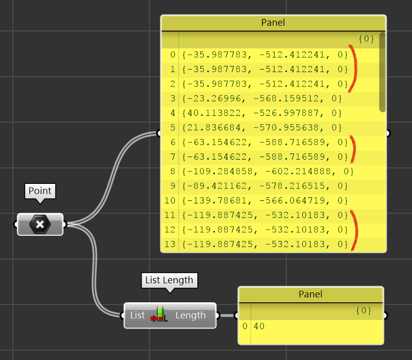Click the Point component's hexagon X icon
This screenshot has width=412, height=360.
click(x=40, y=224)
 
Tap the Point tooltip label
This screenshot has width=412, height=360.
click(x=40, y=191)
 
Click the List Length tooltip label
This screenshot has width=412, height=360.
click(x=169, y=280)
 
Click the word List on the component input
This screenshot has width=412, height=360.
click(x=138, y=315)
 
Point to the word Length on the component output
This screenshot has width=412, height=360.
click(x=191, y=315)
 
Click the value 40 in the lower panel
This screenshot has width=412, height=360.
click(x=259, y=326)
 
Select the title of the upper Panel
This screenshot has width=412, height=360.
click(x=273, y=23)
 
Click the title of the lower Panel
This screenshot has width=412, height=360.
click(x=310, y=294)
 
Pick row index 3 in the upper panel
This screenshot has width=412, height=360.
click(x=173, y=98)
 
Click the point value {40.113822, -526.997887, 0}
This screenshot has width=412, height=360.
click(x=262, y=113)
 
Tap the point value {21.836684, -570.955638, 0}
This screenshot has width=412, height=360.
click(x=262, y=127)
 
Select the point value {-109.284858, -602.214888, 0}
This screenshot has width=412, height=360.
click(x=268, y=171)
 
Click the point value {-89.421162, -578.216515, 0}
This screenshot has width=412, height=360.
click(x=265, y=185)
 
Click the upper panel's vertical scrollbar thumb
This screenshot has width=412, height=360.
click(x=382, y=72)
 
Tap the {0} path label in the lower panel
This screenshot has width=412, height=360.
click(x=364, y=311)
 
